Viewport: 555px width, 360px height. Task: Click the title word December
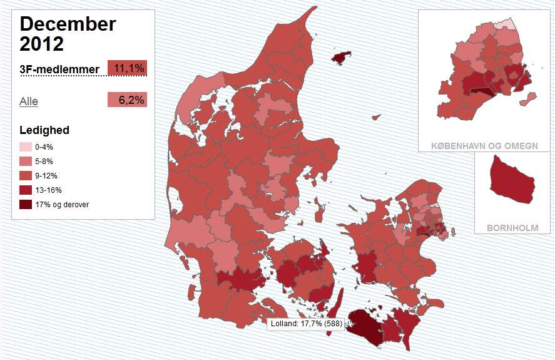pyautogui.click(x=68, y=24)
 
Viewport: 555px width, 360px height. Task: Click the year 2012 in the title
pyautogui.click(x=42, y=44)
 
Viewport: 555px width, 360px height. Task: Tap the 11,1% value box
pyautogui.click(x=128, y=68)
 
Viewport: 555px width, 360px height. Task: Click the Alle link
pyautogui.click(x=29, y=101)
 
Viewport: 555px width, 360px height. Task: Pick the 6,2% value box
pyautogui.click(x=128, y=100)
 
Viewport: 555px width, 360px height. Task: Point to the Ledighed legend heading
pyautogui.click(x=44, y=130)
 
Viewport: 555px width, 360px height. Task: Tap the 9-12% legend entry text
pyautogui.click(x=48, y=175)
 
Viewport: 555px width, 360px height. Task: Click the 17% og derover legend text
pyautogui.click(x=62, y=204)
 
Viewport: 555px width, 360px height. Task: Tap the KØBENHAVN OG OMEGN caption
pyautogui.click(x=484, y=146)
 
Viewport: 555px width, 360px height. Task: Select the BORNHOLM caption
pyautogui.click(x=512, y=228)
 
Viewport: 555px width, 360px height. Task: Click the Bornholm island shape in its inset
pyautogui.click(x=512, y=180)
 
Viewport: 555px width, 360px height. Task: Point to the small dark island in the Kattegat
pyautogui.click(x=340, y=58)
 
